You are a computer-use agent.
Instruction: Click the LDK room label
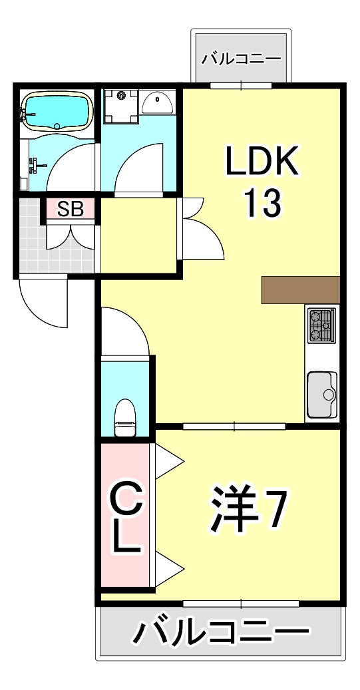[x=262, y=160]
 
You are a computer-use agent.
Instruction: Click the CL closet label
[x=125, y=519]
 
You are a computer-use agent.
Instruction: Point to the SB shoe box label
[x=70, y=209]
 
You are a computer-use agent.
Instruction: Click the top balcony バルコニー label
[x=241, y=58]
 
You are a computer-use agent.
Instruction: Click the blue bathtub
[x=57, y=112]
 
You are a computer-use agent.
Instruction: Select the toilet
[x=126, y=417]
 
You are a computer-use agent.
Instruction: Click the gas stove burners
[x=322, y=325]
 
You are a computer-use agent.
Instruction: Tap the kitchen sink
[x=322, y=394]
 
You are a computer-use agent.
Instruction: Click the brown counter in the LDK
[x=301, y=289]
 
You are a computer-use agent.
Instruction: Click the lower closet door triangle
[x=168, y=567]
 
